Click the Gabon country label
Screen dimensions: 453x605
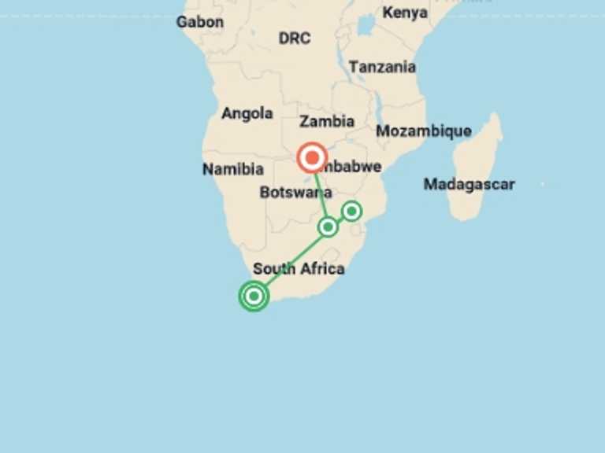click(x=199, y=22)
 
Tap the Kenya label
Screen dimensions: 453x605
click(x=405, y=13)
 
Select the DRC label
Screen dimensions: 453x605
click(x=294, y=38)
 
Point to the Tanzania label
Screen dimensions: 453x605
click(x=382, y=67)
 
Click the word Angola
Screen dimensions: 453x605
click(x=247, y=113)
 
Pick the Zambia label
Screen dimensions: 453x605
click(x=326, y=121)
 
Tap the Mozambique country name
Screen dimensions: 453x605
click(x=423, y=131)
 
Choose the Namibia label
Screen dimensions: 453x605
click(x=232, y=169)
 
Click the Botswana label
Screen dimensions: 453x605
click(x=295, y=193)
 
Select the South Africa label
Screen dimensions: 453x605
click(x=299, y=269)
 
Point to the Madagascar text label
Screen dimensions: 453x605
click(x=469, y=184)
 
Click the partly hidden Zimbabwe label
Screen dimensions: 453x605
click(x=355, y=167)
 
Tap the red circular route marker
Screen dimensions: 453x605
click(x=313, y=158)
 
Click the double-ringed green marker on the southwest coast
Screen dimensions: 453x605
click(x=254, y=296)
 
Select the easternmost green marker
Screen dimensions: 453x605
click(x=351, y=211)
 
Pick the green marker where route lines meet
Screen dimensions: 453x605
click(x=328, y=227)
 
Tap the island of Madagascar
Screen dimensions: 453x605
click(x=477, y=169)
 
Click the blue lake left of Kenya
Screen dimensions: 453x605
click(x=365, y=25)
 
